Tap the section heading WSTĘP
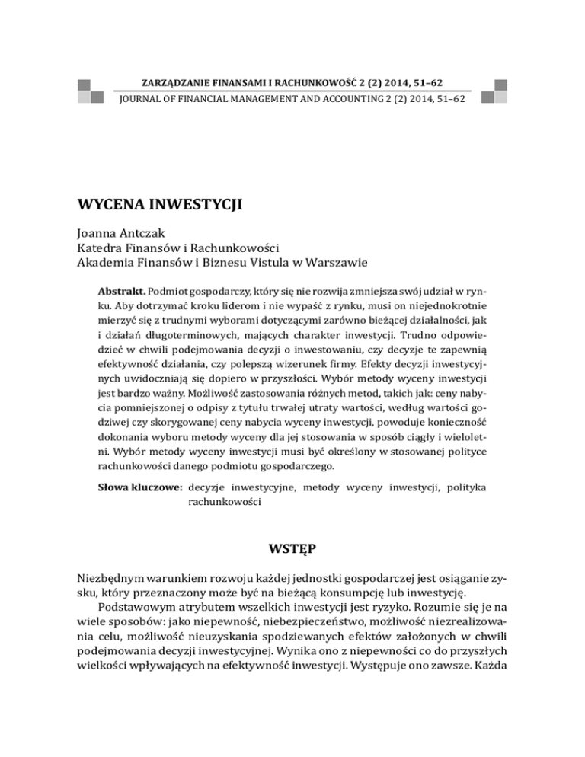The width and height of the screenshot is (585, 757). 292,546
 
